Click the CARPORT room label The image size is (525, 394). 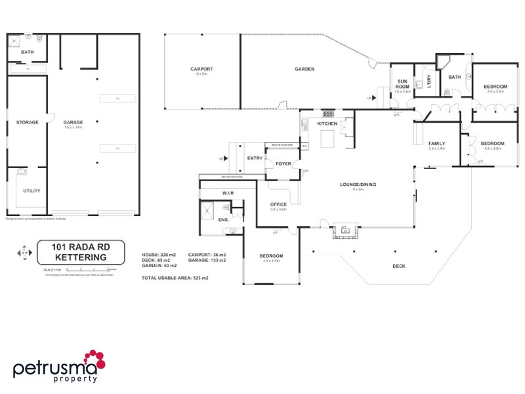tap(201, 69)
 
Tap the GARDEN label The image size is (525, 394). tap(304, 69)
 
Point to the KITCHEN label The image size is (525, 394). tap(327, 123)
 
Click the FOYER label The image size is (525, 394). tap(283, 164)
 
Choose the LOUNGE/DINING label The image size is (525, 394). tap(358, 185)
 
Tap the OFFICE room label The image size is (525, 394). tap(278, 205)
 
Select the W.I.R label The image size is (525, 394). tap(228, 192)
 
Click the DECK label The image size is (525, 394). tap(399, 266)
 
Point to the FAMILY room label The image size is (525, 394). tap(436, 143)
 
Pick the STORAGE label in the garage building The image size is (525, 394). tap(28, 122)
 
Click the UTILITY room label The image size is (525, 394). tap(31, 190)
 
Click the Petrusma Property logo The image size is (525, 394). tap(59, 366)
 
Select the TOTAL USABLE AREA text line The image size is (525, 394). tap(175, 278)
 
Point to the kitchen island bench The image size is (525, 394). tap(326, 139)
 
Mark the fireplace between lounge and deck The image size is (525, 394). tap(345, 230)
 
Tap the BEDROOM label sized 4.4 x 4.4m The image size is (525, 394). tap(270, 255)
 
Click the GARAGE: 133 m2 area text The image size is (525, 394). tap(207, 260)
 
